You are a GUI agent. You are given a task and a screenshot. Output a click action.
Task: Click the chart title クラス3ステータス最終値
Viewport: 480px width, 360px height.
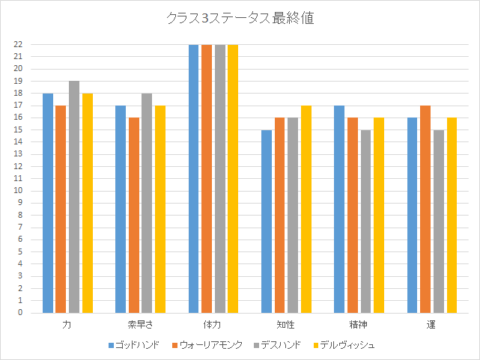tap(240, 19)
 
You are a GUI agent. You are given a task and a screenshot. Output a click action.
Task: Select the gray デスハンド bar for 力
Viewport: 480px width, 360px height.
tap(74, 197)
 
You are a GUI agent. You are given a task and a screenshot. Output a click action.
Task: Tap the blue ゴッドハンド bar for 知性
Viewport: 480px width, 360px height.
tap(267, 222)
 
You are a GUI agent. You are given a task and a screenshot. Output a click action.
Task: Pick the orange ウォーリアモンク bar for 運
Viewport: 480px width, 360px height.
tap(425, 209)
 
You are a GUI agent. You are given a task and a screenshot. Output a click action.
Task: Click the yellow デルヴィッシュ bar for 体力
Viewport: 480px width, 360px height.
tap(233, 178)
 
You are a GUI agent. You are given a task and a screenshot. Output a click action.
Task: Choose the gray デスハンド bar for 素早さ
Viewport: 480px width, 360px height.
tap(147, 203)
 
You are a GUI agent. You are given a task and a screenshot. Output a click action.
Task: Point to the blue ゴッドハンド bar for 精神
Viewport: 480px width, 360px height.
tap(339, 209)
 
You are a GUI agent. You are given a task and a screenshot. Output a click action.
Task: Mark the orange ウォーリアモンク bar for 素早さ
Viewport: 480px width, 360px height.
tap(134, 215)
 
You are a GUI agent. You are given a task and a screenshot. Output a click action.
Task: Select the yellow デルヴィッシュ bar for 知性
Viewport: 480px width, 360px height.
tap(306, 209)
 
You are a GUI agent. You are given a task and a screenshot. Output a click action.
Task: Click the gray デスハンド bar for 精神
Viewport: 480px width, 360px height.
tap(365, 222)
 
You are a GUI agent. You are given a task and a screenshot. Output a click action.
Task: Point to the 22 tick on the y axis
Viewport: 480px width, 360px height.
tap(18, 44)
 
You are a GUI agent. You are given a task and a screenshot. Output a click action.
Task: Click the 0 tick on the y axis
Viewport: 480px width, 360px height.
tap(20, 313)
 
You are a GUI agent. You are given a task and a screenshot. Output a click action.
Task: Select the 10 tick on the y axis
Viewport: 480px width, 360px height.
tap(18, 191)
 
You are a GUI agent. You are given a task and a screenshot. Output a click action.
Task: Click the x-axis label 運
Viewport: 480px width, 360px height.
tap(432, 326)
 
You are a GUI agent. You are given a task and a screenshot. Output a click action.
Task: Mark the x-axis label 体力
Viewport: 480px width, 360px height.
tap(213, 326)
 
